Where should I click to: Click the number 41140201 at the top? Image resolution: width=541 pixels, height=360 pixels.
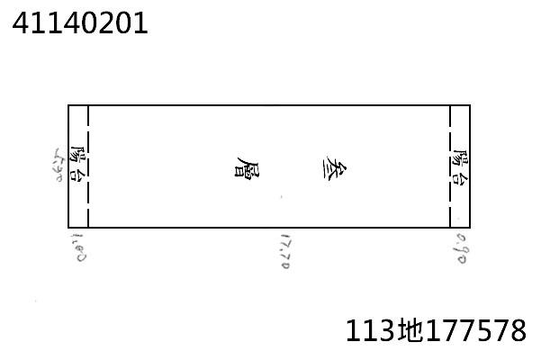click(x=79, y=22)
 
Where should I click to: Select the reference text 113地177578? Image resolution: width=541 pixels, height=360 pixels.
click(x=436, y=330)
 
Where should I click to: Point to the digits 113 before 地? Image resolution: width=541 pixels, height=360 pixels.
click(x=369, y=330)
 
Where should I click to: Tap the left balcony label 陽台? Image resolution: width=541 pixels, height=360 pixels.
click(x=78, y=166)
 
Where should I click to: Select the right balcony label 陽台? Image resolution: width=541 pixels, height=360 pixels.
click(x=460, y=166)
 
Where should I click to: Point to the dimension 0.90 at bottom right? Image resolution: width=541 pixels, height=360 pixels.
click(x=460, y=247)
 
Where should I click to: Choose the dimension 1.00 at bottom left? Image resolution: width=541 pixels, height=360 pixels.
click(x=77, y=246)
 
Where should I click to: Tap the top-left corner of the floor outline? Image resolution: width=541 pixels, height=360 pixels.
click(x=68, y=105)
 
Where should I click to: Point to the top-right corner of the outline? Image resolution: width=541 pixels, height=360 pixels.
click(x=470, y=105)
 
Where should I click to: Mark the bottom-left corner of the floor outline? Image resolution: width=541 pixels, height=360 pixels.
click(x=68, y=228)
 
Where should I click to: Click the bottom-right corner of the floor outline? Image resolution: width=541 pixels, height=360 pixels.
click(x=470, y=228)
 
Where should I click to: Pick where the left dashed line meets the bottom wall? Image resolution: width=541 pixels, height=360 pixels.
click(x=88, y=228)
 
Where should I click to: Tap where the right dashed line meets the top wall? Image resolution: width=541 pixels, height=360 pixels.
click(x=450, y=105)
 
